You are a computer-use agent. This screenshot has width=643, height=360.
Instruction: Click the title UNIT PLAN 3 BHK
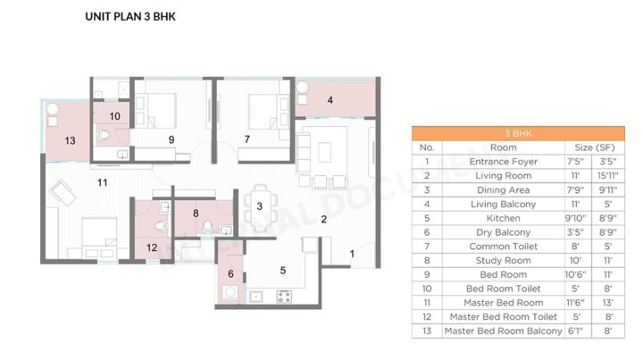coord(130,17)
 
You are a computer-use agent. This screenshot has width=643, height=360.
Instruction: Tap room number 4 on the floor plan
coord(330,100)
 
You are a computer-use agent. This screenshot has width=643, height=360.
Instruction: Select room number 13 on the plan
coord(71,140)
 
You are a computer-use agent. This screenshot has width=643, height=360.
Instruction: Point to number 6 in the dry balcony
coord(231,273)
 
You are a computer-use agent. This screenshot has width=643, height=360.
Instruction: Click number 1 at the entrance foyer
coord(352,254)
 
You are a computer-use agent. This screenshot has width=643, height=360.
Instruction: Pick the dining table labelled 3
coord(261,208)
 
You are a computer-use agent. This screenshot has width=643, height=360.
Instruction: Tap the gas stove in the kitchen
coord(284,296)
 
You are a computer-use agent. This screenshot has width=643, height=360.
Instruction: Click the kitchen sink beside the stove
coord(256,296)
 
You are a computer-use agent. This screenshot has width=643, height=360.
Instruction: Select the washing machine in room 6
coord(230,293)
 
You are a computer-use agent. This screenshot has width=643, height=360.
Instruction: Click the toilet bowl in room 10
coord(103,135)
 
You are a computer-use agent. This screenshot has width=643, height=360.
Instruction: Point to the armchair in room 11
coord(63,192)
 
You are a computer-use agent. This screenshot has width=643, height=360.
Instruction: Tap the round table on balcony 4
coord(302,87)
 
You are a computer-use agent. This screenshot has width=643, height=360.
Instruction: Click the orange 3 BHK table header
coord(518,133)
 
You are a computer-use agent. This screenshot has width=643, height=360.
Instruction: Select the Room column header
coord(503,147)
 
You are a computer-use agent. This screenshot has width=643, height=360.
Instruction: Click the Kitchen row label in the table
coord(503,218)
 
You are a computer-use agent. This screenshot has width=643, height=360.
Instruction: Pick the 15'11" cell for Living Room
coord(608,175)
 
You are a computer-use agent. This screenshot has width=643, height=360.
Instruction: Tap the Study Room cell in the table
coord(503,260)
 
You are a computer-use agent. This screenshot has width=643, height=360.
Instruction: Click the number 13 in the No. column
coord(427,331)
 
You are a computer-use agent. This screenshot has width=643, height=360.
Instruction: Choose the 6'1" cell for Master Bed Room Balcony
coord(576,331)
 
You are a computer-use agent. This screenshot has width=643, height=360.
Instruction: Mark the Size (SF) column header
coord(595,147)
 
